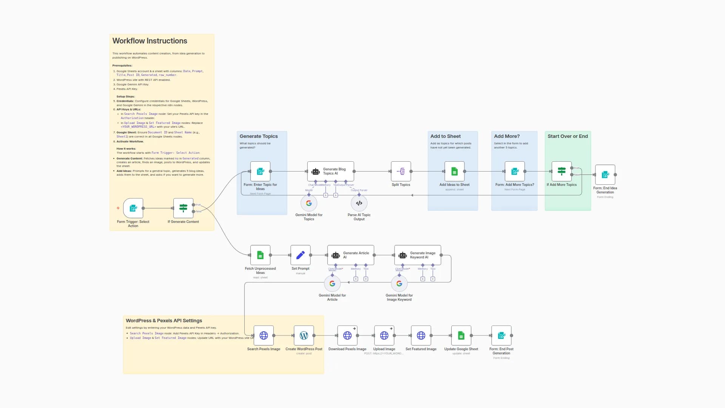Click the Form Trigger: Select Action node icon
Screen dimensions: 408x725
[x=133, y=208]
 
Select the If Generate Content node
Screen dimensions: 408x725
[x=183, y=208]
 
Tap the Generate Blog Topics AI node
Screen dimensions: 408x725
[x=330, y=172]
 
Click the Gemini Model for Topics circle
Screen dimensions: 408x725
[x=309, y=203]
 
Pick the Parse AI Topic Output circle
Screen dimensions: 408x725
[x=359, y=203]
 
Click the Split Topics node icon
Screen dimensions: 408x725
[x=401, y=172]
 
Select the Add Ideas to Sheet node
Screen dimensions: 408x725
[x=454, y=172]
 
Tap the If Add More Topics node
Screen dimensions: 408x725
[x=561, y=172]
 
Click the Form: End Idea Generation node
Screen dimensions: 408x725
[x=605, y=175]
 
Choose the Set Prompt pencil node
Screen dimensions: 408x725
[x=300, y=255]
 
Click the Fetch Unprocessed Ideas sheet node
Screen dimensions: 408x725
[x=260, y=255]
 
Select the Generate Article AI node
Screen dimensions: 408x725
[x=350, y=255]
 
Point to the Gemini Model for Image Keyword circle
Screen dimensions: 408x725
[x=399, y=283]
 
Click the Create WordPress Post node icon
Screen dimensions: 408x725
[x=304, y=335]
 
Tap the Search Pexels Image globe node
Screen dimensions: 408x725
[x=264, y=335]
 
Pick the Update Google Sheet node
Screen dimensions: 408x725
[x=461, y=335]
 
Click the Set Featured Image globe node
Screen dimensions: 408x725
[x=421, y=335]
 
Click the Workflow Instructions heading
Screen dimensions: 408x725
[x=150, y=41]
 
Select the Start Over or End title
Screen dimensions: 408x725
[x=568, y=136]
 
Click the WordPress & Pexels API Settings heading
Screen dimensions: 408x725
[x=164, y=321]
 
